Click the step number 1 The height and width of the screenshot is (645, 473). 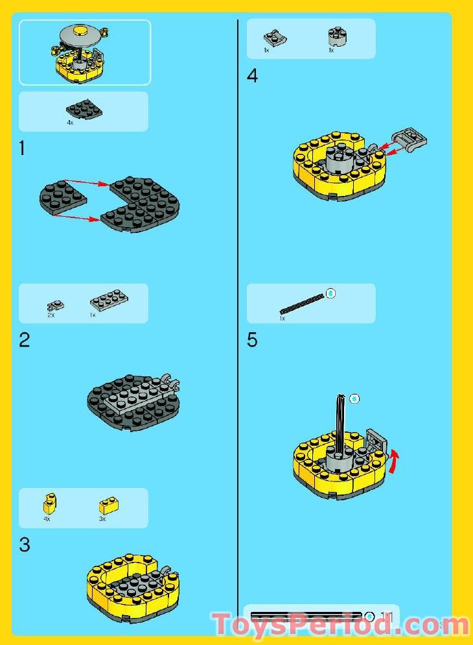[x=23, y=149]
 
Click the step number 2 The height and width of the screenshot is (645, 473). [x=24, y=340]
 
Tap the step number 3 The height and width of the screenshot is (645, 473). [x=24, y=545]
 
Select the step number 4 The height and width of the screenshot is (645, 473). [x=252, y=76]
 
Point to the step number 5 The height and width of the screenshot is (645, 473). [x=252, y=340]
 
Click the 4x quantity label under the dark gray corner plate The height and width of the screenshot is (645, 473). [x=70, y=122]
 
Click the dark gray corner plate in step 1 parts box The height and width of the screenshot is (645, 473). [x=84, y=108]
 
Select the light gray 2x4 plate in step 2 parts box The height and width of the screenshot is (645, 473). [x=109, y=300]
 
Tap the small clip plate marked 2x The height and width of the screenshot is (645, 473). [x=54, y=304]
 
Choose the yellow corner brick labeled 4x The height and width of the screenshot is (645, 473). [x=49, y=503]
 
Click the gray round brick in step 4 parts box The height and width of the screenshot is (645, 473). [x=336, y=36]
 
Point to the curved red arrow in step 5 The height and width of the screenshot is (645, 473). [x=393, y=463]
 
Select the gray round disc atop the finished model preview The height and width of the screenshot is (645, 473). [x=82, y=32]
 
